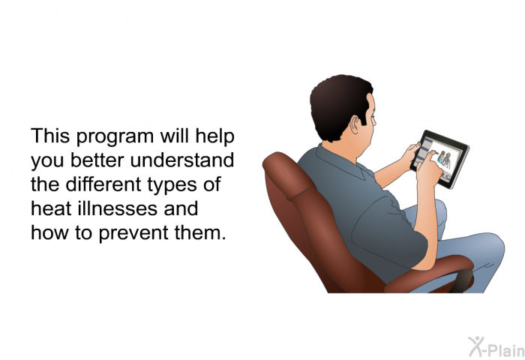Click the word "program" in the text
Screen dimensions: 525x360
coord(115,137)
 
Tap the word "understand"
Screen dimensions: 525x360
coord(181,160)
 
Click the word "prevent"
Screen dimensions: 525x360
coord(134,233)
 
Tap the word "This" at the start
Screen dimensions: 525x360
coord(50,136)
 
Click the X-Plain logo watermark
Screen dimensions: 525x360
coord(496,347)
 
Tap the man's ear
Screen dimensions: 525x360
coord(355,124)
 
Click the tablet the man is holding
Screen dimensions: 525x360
coord(440,159)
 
